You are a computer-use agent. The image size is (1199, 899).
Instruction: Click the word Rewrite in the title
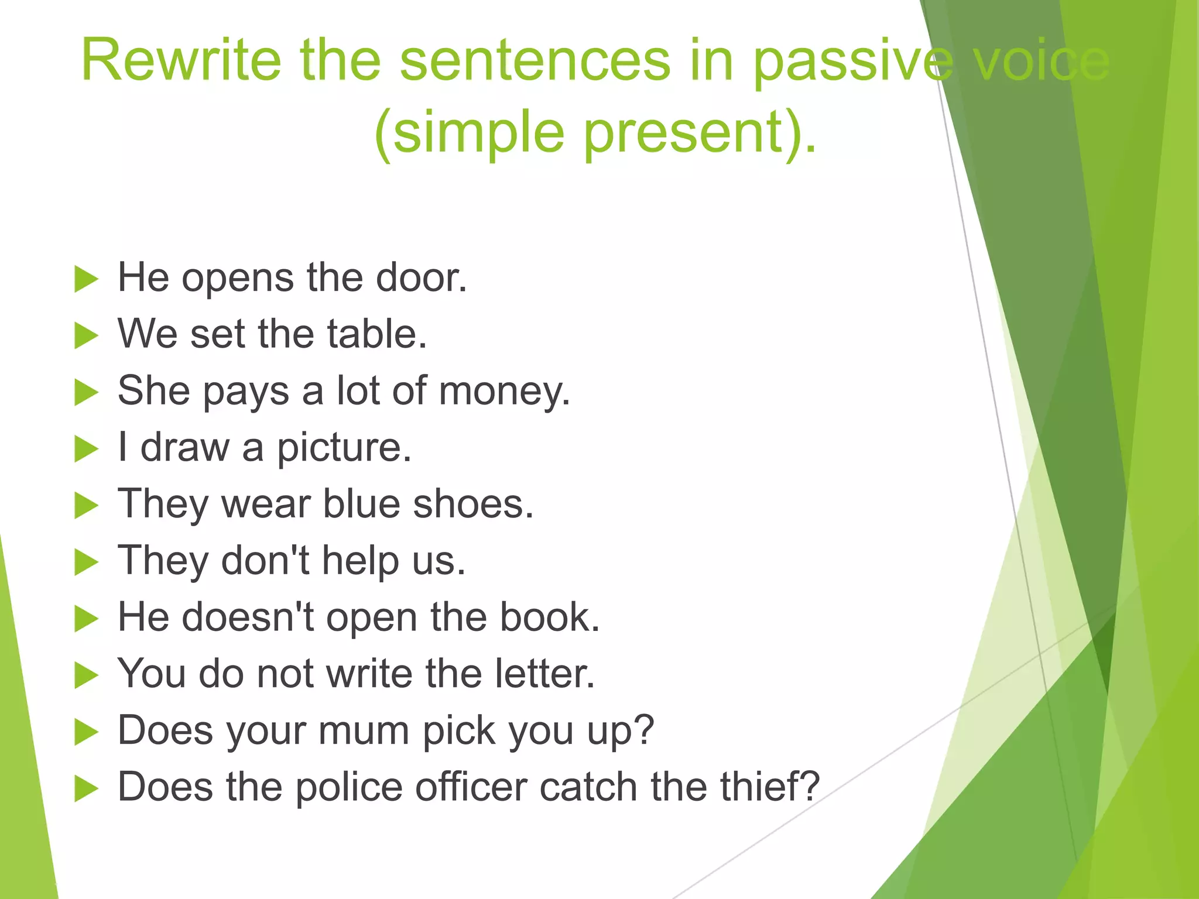pyautogui.click(x=181, y=60)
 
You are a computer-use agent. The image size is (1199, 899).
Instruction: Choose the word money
pyautogui.click(x=503, y=391)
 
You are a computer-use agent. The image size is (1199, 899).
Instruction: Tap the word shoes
pyautogui.click(x=473, y=504)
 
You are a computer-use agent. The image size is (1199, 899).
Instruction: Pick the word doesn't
pyautogui.click(x=248, y=617)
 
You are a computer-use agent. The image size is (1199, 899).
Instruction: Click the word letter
pyautogui.click(x=544, y=674)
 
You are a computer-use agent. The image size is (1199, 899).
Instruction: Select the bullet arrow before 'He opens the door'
pyautogui.click(x=86, y=279)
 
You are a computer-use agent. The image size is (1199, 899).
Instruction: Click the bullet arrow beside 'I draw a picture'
pyautogui.click(x=86, y=449)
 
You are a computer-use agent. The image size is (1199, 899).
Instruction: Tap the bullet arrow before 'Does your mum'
pyautogui.click(x=86, y=732)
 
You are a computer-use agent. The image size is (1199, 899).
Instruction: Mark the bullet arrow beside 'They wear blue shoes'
pyautogui.click(x=86, y=506)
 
